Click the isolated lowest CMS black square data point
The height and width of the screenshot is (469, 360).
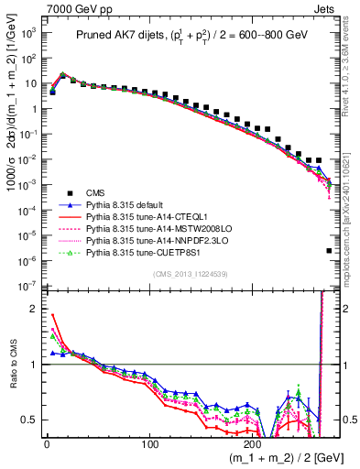tap(329, 250)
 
